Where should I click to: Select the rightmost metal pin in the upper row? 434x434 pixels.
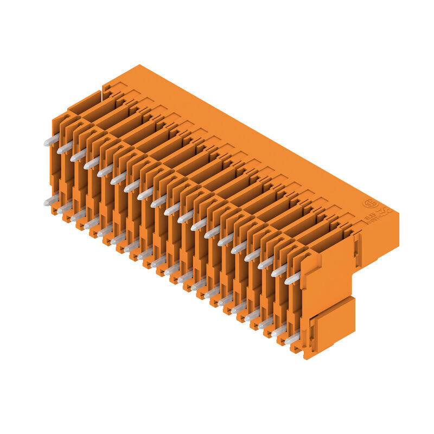coord(292,278)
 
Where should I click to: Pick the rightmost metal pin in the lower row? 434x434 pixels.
coord(291,339)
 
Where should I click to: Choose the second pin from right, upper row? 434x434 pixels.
coord(279,270)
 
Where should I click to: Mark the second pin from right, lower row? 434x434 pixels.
coord(278,330)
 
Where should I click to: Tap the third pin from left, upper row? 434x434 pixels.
coord(78,155)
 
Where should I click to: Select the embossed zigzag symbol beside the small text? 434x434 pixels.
coord(384,210)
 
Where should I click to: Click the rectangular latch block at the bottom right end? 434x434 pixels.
coord(332,325)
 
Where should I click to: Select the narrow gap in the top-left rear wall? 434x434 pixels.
coord(101,90)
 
